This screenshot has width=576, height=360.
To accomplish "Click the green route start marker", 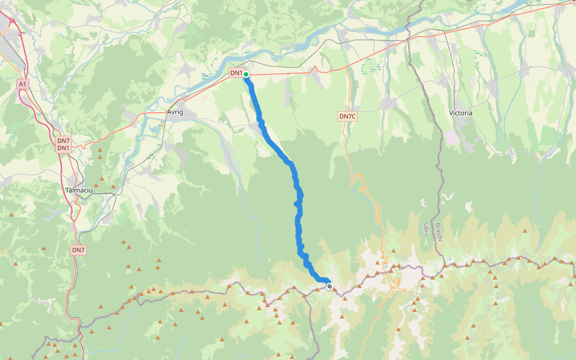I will (x=246, y=74).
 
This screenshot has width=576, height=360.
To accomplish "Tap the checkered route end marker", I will (x=329, y=286).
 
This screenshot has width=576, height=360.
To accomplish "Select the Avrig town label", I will (x=175, y=112).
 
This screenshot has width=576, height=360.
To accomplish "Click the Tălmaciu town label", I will (x=77, y=190).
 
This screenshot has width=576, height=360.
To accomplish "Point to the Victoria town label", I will (x=461, y=113).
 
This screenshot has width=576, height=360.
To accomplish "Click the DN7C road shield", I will (x=347, y=116).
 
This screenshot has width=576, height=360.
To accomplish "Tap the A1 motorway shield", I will (x=23, y=85).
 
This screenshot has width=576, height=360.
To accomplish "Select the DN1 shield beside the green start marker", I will (x=236, y=73).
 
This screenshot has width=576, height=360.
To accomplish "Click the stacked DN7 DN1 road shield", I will (x=64, y=144).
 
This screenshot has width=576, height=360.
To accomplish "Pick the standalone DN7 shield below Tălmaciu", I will (x=79, y=250).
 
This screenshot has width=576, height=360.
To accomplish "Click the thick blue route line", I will (x=298, y=222).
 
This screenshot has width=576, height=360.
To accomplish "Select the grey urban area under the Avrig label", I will (x=180, y=120).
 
